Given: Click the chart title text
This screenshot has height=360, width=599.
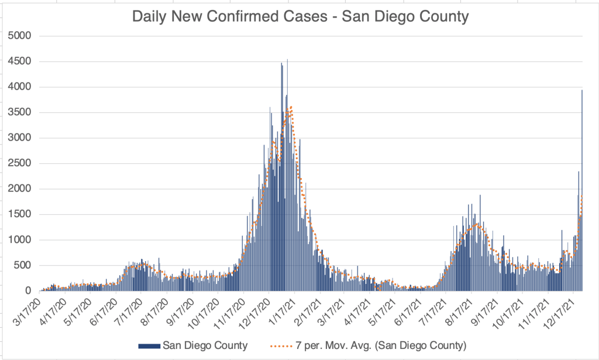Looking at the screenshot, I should coord(300,16).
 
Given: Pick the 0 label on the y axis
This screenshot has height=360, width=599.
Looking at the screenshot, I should coord(27,291).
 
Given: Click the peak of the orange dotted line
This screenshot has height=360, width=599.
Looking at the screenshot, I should coord(291,107).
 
